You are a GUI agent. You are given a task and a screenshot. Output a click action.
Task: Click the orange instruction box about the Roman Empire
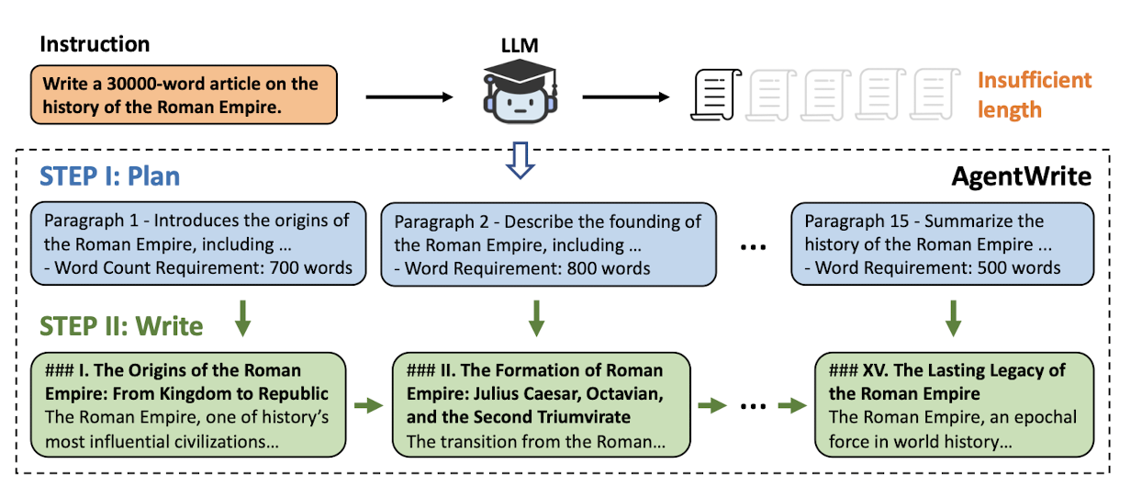click(x=184, y=95)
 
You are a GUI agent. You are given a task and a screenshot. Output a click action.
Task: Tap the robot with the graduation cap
click(x=520, y=91)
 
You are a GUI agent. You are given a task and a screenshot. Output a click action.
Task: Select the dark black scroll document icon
click(x=715, y=95)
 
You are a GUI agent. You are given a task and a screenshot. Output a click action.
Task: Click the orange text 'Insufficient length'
click(x=1035, y=95)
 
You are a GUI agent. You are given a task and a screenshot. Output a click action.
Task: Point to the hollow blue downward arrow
click(x=520, y=160)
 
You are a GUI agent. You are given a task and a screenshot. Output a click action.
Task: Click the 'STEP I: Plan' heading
click(x=109, y=176)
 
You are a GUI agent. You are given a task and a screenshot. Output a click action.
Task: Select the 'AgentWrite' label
click(x=1021, y=176)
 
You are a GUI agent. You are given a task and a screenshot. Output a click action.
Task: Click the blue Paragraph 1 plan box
click(x=198, y=243)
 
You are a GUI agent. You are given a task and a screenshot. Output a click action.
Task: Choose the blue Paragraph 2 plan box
click(x=549, y=244)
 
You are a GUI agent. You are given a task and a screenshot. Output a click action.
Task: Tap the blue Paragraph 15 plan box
click(x=942, y=243)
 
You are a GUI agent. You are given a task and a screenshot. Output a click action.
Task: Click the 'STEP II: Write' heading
click(x=121, y=326)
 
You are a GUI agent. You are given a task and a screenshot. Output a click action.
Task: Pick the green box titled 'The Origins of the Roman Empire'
click(x=188, y=404)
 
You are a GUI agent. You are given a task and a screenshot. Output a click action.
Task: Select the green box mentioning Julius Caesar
click(x=542, y=404)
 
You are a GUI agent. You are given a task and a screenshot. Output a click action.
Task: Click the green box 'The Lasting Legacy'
click(x=954, y=404)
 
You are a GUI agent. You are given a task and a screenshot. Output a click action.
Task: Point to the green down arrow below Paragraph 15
click(x=953, y=319)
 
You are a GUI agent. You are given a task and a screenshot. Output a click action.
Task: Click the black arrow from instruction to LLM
click(x=409, y=97)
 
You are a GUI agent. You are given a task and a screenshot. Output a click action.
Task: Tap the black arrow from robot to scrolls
click(x=625, y=97)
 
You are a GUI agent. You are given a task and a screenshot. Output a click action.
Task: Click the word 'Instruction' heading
click(x=95, y=44)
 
